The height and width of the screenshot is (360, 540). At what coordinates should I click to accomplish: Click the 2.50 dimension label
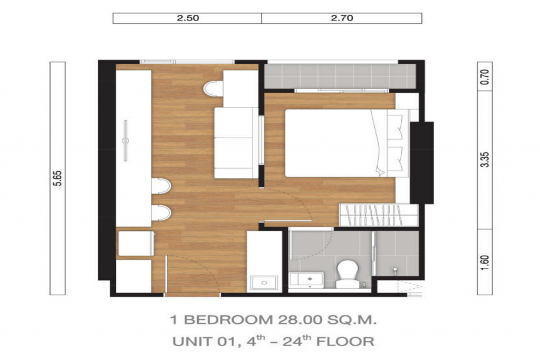tap(187, 18)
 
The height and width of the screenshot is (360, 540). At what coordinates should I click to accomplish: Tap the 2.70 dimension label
tap(342, 18)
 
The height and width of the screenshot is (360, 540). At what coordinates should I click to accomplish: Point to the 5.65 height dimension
tap(57, 178)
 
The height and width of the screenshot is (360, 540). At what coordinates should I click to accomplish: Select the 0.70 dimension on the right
tap(486, 77)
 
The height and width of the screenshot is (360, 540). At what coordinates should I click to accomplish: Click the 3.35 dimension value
tap(486, 160)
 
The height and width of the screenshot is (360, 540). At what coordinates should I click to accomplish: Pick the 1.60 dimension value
tap(486, 262)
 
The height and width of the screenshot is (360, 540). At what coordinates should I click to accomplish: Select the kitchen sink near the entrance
tap(264, 283)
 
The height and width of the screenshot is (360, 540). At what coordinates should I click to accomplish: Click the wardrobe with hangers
tap(379, 215)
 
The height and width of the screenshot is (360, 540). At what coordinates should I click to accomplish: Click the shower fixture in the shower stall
tap(395, 271)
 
